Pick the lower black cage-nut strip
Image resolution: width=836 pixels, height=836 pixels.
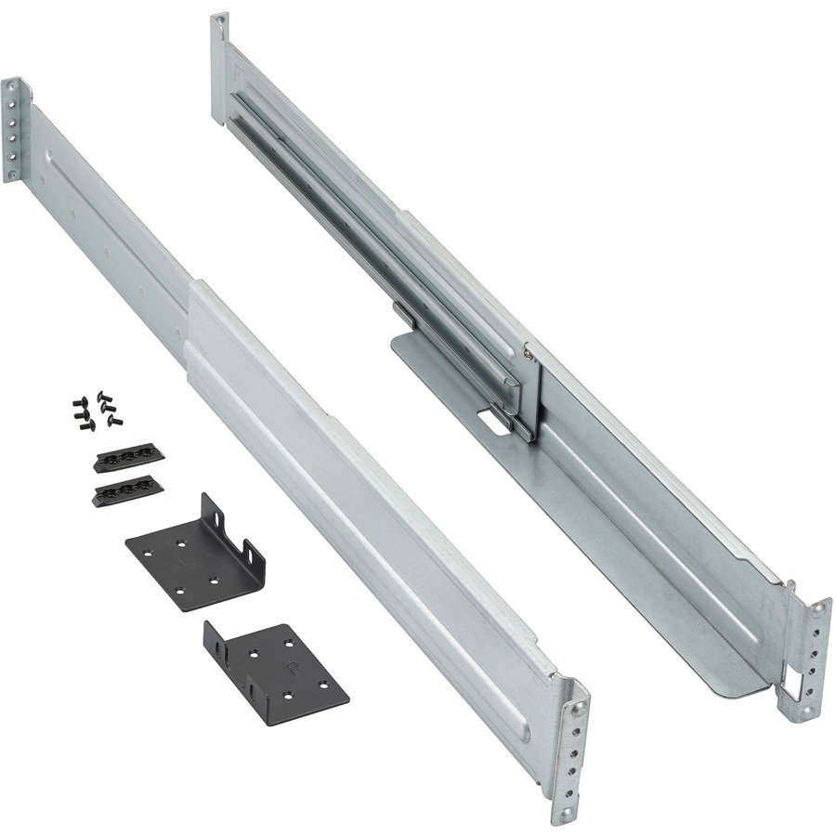tap(128, 489)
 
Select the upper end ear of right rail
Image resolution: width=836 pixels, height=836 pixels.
tap(219, 70)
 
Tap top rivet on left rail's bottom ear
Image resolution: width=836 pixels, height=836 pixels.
tap(578, 710)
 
